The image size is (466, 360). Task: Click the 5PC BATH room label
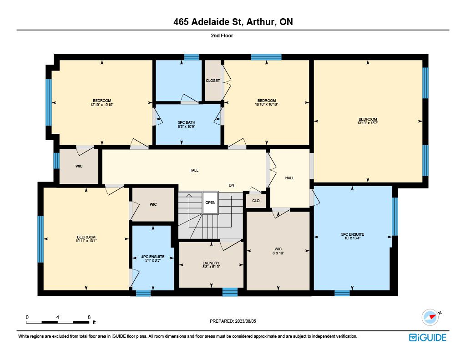pyautogui.click(x=186, y=122)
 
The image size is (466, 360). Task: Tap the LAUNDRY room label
pyautogui.click(x=211, y=263)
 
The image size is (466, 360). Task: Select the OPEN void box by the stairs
pyautogui.click(x=210, y=203)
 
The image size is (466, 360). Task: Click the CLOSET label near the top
pyautogui.click(x=213, y=81)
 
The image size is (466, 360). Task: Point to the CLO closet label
pyautogui.click(x=256, y=201)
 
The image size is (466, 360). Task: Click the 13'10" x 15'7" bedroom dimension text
pyautogui.click(x=368, y=123)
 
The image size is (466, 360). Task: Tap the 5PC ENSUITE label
pyautogui.click(x=353, y=234)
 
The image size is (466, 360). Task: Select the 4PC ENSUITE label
pyautogui.click(x=153, y=257)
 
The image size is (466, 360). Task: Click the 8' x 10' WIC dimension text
pyautogui.click(x=278, y=253)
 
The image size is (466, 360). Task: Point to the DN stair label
pyautogui.click(x=232, y=185)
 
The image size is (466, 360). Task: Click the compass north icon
pyautogui.click(x=431, y=317)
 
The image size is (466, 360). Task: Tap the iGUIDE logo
pyautogui.click(x=428, y=337)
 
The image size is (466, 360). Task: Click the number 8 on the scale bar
pyautogui.click(x=89, y=317)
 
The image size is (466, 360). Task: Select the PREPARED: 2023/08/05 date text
pyautogui.click(x=233, y=321)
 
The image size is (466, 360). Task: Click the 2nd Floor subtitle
pyautogui.click(x=222, y=35)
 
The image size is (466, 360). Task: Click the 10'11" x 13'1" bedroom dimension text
pyautogui.click(x=86, y=241)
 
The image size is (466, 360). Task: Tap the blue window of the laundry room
pyautogui.click(x=230, y=292)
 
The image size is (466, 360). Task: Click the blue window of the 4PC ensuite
pyautogui.click(x=143, y=293)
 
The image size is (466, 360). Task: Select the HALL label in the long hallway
pyautogui.click(x=194, y=170)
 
